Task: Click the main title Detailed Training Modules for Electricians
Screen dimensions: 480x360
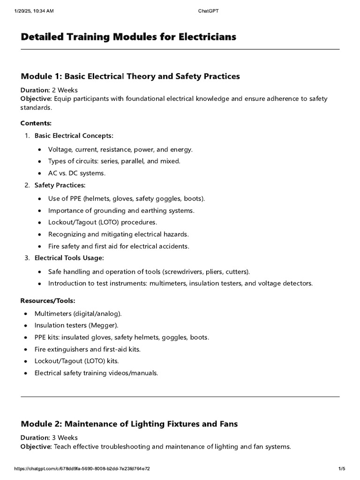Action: click(128, 37)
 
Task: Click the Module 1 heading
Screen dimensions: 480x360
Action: click(130, 76)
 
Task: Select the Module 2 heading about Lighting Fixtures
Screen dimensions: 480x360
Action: click(129, 424)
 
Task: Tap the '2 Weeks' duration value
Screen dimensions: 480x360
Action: click(65, 90)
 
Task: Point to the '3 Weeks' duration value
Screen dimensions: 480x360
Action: click(65, 438)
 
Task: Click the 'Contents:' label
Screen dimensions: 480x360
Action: click(36, 123)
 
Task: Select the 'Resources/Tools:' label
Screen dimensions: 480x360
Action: click(48, 300)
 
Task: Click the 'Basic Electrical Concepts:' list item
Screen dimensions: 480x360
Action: click(74, 136)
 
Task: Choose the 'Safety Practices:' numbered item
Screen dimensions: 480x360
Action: click(60, 185)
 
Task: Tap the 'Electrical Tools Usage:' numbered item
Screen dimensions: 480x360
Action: click(69, 258)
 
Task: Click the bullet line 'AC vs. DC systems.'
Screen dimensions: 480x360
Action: click(77, 173)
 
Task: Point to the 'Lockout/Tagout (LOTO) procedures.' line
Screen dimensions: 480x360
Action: click(103, 222)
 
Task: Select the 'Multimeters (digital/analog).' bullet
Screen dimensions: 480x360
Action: click(78, 313)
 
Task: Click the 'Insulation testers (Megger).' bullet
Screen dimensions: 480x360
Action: click(76, 325)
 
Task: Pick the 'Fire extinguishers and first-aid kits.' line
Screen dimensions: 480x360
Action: click(87, 349)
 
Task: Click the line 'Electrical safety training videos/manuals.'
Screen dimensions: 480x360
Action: click(96, 373)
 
